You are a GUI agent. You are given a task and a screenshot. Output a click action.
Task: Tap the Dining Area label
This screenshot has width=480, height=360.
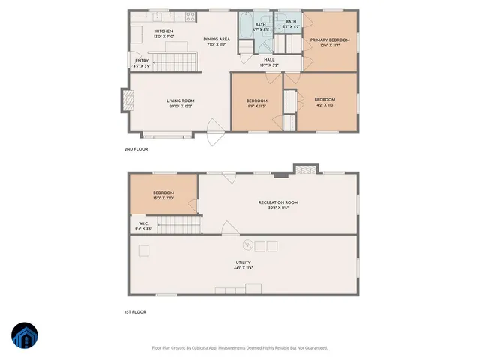(217, 39)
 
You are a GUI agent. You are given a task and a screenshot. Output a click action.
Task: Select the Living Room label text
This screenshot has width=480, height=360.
(181, 100)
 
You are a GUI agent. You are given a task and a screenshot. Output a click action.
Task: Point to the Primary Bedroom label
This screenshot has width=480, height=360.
(330, 40)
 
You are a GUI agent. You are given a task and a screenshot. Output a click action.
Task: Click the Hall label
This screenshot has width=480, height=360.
(269, 60)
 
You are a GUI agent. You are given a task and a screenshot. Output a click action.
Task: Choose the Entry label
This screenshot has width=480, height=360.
(142, 61)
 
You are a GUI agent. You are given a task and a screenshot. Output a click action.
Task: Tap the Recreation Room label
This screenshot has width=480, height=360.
(278, 202)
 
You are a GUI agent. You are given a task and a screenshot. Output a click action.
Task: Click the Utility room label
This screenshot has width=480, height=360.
(244, 262)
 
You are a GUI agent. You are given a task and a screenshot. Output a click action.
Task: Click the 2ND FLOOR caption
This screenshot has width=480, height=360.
(136, 149)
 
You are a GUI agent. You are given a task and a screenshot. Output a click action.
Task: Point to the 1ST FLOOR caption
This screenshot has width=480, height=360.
(135, 311)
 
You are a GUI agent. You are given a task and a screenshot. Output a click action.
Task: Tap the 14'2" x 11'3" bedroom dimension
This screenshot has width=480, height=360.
(324, 105)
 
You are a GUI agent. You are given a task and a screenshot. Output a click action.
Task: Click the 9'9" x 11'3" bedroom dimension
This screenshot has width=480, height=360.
(256, 106)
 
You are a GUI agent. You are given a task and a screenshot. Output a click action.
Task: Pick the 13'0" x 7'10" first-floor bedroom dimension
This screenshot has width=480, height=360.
(163, 199)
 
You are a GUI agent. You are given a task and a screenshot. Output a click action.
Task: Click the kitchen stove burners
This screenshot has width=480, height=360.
(190, 14)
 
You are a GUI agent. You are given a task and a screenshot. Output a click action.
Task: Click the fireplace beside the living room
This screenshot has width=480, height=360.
(125, 99)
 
